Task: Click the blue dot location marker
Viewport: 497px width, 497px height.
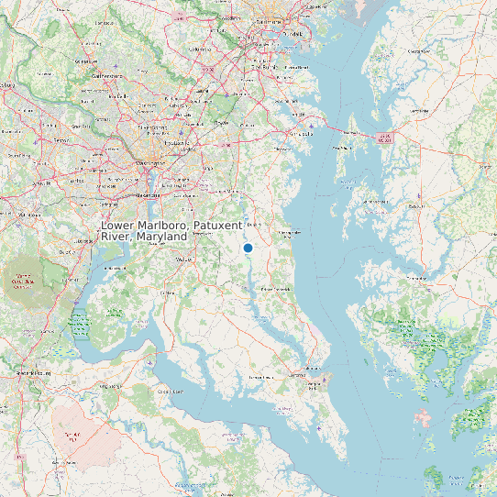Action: (248, 248)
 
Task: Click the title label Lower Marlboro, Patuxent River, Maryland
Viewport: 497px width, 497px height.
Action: (171, 231)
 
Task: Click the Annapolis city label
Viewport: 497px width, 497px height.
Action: (303, 134)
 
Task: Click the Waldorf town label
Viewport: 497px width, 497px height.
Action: (184, 260)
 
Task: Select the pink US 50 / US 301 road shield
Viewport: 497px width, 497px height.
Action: (384, 138)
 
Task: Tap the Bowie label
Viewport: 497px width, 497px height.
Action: (221, 121)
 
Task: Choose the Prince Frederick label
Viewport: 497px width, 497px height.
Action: (280, 289)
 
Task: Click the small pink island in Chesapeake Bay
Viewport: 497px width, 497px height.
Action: (424, 419)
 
